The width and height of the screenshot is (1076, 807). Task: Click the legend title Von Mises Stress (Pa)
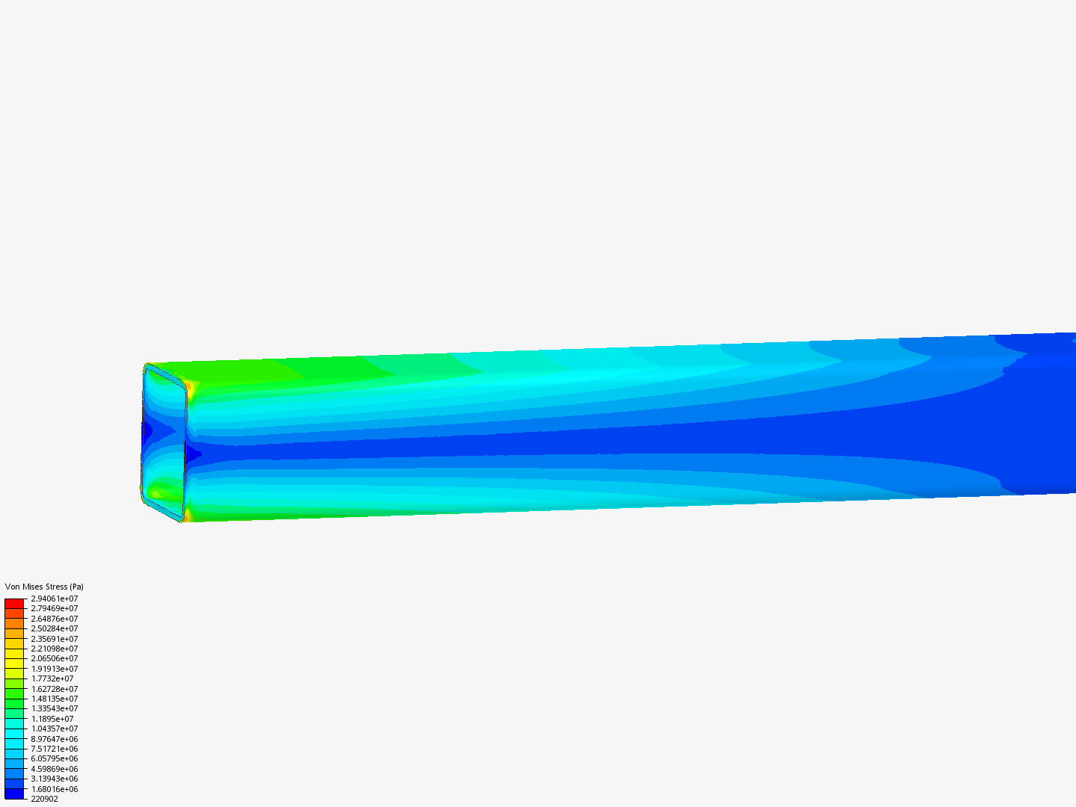[44, 587]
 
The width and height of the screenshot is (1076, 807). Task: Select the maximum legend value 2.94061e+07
[54, 599]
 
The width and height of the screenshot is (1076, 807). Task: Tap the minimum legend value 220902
[44, 799]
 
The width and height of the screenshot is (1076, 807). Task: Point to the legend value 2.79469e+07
[54, 608]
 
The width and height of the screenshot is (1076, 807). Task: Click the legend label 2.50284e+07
[54, 628]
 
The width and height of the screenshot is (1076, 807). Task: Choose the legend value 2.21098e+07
[54, 649]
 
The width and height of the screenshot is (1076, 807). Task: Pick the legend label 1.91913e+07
[54, 669]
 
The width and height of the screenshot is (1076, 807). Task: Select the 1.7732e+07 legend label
[52, 678]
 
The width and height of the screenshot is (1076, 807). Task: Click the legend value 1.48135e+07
[54, 699]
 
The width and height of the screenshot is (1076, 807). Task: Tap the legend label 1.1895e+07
[52, 719]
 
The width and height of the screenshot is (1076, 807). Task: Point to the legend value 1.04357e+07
[54, 729]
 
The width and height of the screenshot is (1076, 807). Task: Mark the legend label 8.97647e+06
[54, 739]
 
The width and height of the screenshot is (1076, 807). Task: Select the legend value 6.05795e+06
[54, 758]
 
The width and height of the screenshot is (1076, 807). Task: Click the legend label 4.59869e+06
[54, 769]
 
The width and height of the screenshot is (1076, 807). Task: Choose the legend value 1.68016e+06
[54, 789]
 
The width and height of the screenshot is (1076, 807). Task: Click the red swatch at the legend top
[14, 603]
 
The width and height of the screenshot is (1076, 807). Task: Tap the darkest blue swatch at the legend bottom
[14, 794]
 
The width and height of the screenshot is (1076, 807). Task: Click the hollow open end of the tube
[163, 441]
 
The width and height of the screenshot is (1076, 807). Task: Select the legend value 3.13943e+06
[54, 779]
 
